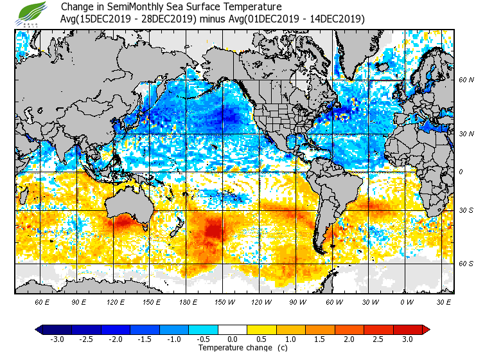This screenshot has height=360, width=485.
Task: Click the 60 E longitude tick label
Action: click(42, 301)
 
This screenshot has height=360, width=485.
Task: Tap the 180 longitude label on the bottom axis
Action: click(188, 301)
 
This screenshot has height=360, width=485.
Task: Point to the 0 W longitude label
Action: click(406, 301)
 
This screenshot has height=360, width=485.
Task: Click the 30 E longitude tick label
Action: click(443, 301)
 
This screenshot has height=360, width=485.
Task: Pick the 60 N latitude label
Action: click(466, 80)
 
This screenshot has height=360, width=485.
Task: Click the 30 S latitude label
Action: click(466, 210)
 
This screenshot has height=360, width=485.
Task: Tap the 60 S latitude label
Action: click(466, 264)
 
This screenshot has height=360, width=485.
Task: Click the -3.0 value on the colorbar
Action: click(57, 339)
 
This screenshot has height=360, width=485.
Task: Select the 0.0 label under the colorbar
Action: click(233, 339)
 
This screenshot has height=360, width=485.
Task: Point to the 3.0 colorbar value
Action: click(407, 339)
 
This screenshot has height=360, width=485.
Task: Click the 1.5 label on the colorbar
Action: click(319, 339)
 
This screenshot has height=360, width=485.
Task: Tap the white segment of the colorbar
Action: click(233, 330)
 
